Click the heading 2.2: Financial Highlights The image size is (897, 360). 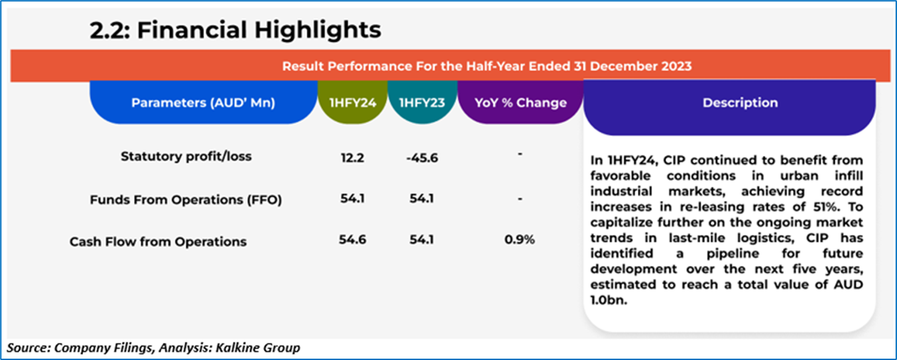[235, 30]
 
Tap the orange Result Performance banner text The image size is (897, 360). [487, 66]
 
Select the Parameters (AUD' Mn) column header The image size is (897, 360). [203, 103]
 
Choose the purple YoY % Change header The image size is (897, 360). [520, 103]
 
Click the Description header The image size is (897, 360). [740, 103]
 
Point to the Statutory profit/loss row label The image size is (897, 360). [186, 156]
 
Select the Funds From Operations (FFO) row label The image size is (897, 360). [186, 200]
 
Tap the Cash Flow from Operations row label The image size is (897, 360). [158, 242]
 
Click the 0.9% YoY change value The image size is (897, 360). [520, 240]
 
